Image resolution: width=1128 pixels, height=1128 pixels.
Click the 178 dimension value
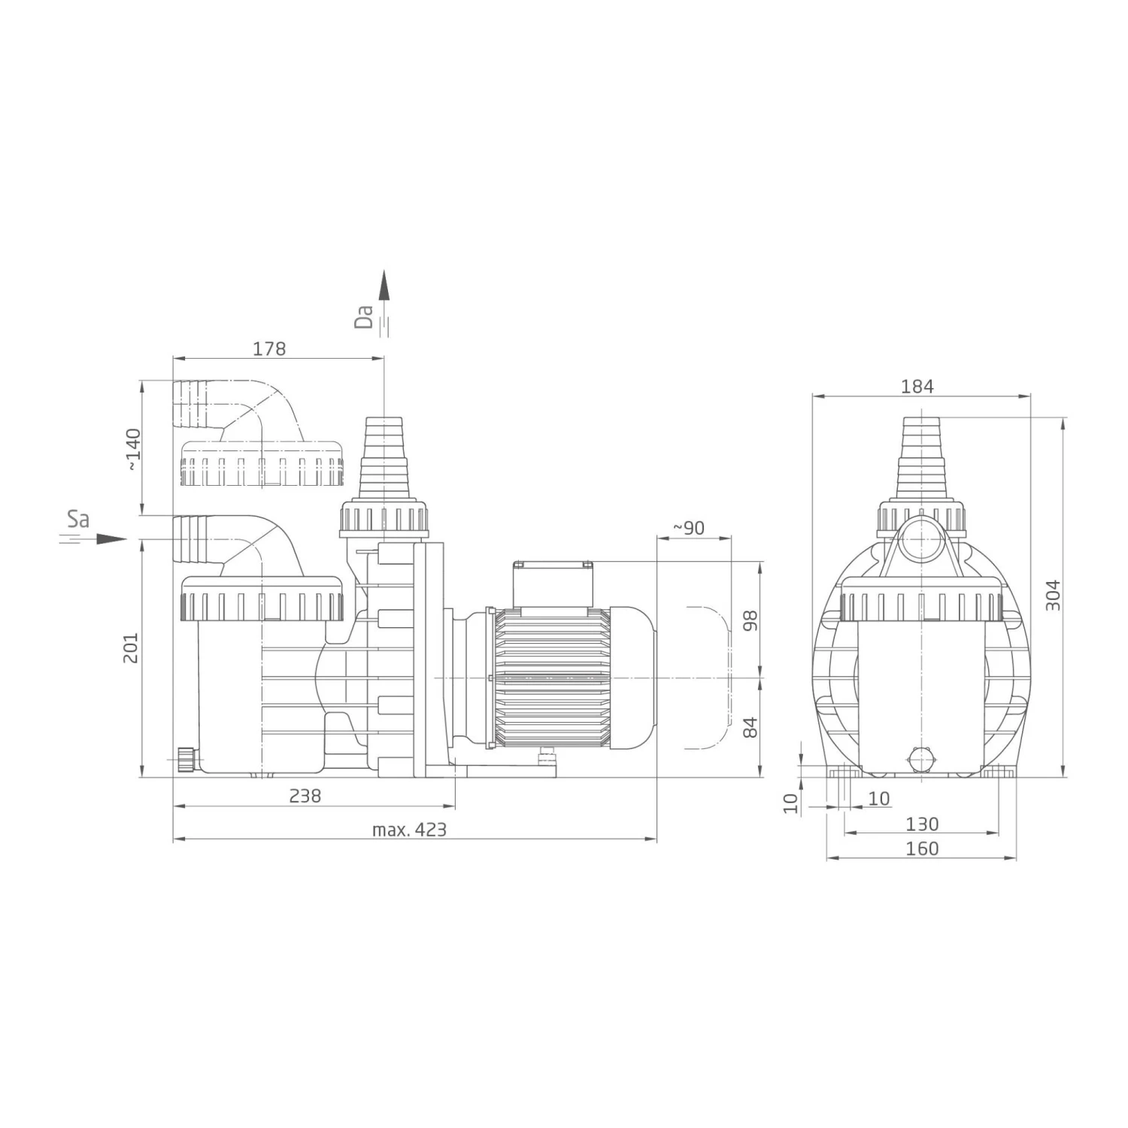269,349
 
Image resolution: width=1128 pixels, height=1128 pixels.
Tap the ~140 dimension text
132,449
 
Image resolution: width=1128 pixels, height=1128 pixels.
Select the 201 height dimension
132,647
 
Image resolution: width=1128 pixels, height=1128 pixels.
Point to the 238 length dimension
305,796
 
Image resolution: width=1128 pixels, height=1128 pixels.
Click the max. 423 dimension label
409,829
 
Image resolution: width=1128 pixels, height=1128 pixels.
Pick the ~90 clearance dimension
688,528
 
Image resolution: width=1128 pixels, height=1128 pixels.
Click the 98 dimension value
750,620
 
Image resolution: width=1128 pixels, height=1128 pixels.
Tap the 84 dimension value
750,727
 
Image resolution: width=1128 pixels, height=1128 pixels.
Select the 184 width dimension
917,386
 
